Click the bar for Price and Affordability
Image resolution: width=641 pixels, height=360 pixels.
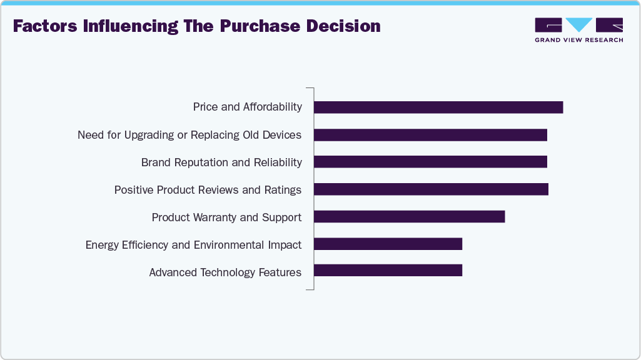click(x=438, y=107)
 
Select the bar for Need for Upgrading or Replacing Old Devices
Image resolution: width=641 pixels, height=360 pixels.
click(x=430, y=134)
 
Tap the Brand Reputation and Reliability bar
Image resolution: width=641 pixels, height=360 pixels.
click(x=430, y=162)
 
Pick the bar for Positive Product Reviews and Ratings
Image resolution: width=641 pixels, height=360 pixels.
click(x=431, y=189)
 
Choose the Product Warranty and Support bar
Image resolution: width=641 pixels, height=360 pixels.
click(x=409, y=217)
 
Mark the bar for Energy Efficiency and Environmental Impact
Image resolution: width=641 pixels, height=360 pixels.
click(x=388, y=244)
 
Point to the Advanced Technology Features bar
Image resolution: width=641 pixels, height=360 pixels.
click(x=388, y=271)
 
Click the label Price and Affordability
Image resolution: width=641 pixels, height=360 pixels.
click(x=248, y=107)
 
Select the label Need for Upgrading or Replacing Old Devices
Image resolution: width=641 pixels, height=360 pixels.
click(x=189, y=135)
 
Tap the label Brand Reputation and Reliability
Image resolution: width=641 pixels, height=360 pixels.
click(x=221, y=162)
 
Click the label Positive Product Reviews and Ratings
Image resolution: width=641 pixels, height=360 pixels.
click(x=208, y=190)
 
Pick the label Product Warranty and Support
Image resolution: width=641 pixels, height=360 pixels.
click(x=226, y=217)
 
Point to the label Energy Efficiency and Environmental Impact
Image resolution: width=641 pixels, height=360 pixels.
click(x=193, y=245)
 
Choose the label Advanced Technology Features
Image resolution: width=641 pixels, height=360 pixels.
click(x=225, y=272)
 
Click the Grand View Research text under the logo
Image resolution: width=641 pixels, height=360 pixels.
click(x=578, y=40)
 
